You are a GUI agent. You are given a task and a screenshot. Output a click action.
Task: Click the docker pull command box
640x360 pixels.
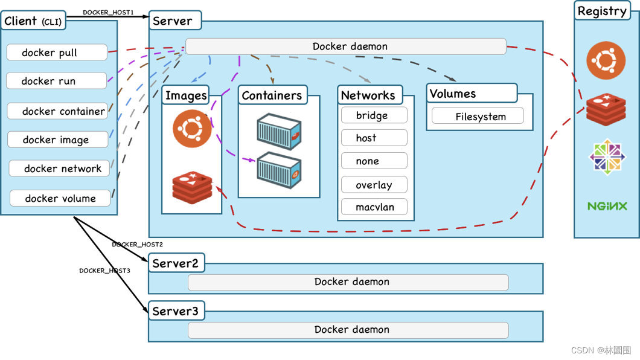coord(57,52)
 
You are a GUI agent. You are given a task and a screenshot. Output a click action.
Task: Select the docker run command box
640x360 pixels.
coord(56,81)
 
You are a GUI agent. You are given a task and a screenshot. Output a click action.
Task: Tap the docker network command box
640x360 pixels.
coord(59,168)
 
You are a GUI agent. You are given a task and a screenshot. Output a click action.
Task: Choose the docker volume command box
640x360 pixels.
coord(60,198)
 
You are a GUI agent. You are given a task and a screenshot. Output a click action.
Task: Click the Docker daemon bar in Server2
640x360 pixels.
coord(348,282)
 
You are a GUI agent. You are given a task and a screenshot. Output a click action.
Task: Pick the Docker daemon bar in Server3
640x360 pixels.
coord(348,330)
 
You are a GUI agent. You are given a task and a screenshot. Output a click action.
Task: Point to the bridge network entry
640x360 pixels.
coord(374,115)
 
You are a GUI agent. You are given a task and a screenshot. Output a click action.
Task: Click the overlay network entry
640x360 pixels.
coord(374,184)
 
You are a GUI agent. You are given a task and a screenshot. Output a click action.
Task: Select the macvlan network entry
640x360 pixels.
coord(374,207)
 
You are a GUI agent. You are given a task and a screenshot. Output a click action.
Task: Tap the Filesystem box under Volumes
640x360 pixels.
coord(478,116)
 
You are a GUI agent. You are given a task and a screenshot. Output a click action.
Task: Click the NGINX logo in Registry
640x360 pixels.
coord(607,206)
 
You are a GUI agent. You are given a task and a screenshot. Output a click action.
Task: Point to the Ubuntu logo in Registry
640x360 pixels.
coord(606,60)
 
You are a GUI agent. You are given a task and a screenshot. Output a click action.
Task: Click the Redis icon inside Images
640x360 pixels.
coord(192,187)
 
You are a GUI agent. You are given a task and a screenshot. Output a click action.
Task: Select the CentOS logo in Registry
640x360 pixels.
coord(607,156)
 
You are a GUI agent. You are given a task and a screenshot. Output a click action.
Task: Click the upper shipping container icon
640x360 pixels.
coord(279,132)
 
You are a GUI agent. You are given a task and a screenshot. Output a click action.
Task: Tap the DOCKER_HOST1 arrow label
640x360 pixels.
coord(108,12)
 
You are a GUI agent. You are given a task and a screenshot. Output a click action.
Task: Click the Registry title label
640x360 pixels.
coord(602,11)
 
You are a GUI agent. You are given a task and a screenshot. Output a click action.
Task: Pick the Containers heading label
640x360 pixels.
coord(272,95)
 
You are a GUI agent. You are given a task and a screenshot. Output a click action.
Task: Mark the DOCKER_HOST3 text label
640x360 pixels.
coord(104,271)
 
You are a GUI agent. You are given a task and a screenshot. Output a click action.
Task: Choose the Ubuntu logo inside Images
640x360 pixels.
coord(192,128)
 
